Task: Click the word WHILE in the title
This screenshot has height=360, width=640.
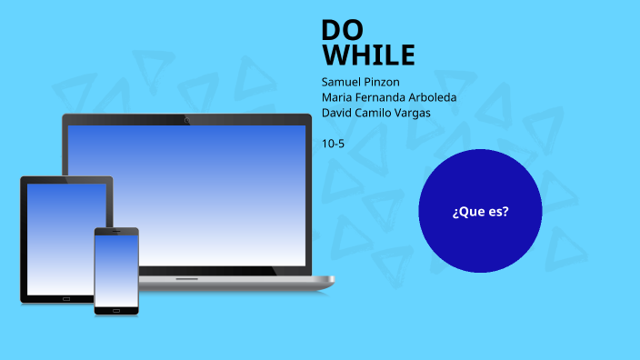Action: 368,56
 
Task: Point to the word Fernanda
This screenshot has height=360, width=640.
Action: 384,97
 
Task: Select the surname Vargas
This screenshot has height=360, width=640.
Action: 415,113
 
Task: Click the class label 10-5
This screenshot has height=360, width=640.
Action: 333,143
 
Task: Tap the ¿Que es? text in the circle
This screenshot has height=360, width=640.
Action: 480,212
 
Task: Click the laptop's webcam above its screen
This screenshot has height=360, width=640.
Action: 187,119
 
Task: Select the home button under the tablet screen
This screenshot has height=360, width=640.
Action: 66,298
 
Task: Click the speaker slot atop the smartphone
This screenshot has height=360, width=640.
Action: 116,231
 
